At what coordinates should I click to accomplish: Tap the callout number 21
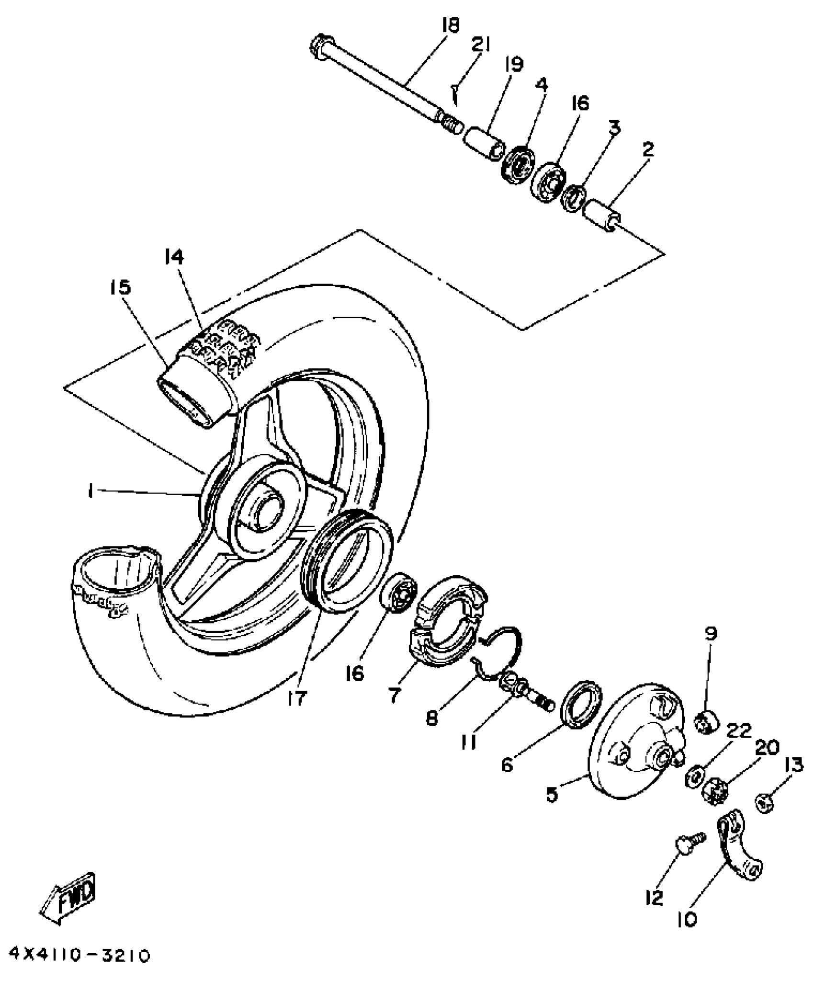tap(481, 46)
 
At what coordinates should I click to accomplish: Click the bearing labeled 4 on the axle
tap(518, 163)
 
